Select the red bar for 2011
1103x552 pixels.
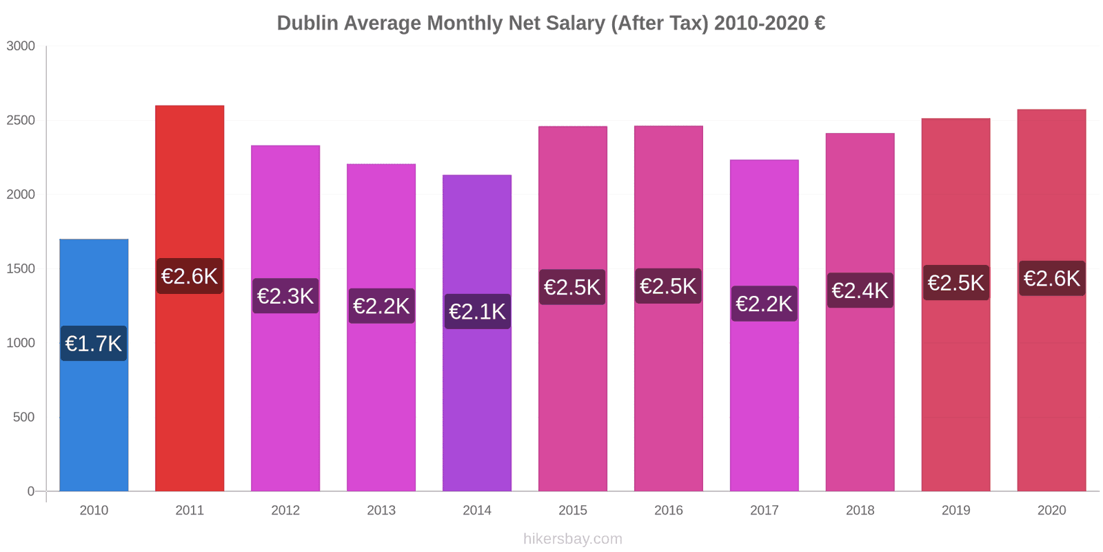(190, 386)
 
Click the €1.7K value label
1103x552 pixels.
(94, 343)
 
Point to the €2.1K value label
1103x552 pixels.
(477, 311)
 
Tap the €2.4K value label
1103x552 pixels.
(860, 290)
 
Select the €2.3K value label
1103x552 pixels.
(285, 295)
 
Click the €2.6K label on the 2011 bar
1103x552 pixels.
(190, 276)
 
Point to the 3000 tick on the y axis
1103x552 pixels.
(21, 46)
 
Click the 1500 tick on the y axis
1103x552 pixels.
(21, 269)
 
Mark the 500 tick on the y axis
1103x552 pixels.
(23, 417)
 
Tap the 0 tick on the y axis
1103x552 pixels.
(30, 491)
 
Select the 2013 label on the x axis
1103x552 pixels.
(381, 511)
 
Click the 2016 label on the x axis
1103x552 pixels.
(669, 511)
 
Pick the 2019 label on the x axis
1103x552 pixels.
(955, 511)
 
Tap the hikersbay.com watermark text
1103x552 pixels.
(572, 539)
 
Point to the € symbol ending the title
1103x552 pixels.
(820, 23)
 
